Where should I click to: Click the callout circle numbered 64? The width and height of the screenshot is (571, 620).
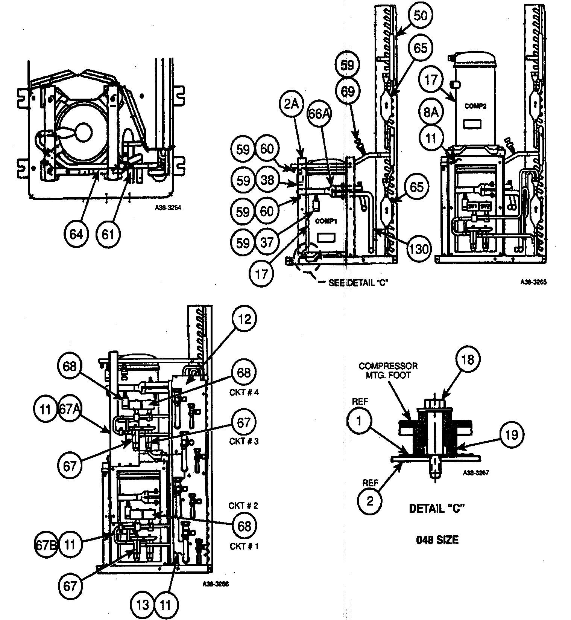[76, 234]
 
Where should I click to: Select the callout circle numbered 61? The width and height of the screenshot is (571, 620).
[108, 234]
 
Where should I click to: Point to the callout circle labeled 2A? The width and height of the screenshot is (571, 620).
[290, 104]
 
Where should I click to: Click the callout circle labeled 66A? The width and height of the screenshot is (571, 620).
[319, 113]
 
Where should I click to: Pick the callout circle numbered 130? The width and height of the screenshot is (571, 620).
[419, 249]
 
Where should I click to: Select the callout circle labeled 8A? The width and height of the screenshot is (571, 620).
[431, 112]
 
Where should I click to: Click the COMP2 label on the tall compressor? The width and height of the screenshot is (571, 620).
[475, 106]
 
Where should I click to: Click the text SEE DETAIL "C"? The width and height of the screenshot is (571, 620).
[357, 283]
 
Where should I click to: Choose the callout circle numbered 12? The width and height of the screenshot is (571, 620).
[244, 319]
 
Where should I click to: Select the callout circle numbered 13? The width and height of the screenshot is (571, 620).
[143, 605]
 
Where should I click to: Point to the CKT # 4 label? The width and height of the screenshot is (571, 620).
[244, 392]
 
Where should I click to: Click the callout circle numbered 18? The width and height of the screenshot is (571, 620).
[468, 360]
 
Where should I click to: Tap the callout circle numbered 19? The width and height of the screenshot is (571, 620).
[512, 435]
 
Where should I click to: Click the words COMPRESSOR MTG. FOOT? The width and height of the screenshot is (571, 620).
[388, 370]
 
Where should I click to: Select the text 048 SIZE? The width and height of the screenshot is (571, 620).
[437, 540]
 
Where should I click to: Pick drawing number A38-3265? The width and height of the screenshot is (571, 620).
[533, 282]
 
